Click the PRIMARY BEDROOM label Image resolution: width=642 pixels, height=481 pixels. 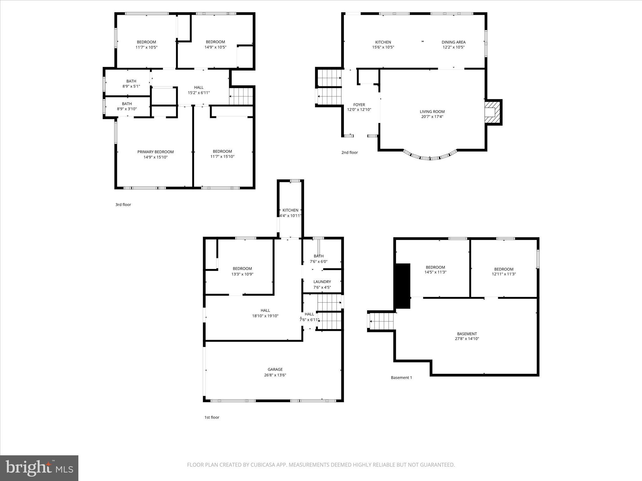(x=155, y=152)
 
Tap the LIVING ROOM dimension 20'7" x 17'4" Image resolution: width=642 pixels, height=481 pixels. (x=432, y=117)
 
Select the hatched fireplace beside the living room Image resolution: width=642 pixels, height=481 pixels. (x=492, y=112)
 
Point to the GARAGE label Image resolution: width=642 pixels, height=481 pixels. (x=275, y=370)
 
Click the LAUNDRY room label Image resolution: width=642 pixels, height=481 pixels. (x=322, y=282)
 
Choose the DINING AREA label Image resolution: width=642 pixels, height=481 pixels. (x=453, y=42)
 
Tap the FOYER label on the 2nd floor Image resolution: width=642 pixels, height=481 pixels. (x=359, y=105)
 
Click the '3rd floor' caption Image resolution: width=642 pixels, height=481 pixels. (x=123, y=205)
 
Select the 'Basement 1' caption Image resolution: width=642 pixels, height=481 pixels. (x=401, y=378)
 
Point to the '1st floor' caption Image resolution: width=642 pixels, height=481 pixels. (x=212, y=417)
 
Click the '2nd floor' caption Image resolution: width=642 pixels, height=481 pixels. (x=350, y=153)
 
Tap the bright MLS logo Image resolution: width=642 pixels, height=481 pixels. (x=39, y=468)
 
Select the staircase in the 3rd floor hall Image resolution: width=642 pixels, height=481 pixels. (x=241, y=96)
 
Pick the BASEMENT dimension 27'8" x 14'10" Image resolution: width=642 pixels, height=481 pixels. (x=467, y=339)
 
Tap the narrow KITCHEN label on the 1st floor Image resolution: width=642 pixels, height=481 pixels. (x=290, y=210)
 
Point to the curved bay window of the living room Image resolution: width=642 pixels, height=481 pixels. (x=430, y=157)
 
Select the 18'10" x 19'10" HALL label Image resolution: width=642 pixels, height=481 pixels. (x=265, y=311)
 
